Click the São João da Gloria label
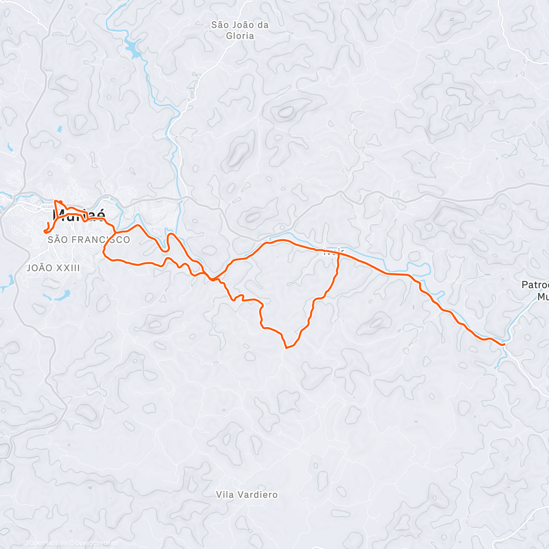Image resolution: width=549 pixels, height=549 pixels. (x=240, y=30)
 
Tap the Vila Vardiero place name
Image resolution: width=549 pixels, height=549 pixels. (x=247, y=495)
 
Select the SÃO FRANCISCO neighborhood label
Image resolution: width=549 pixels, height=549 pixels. (x=89, y=240)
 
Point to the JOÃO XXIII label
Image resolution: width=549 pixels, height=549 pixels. (x=54, y=268)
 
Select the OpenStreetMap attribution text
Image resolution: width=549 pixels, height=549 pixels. (x=95, y=544)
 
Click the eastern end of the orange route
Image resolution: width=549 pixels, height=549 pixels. (x=504, y=344)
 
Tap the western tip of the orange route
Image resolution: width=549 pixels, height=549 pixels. (x=45, y=231)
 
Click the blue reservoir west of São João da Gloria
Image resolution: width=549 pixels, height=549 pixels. (x=133, y=47)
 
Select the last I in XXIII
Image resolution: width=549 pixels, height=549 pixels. (x=79, y=268)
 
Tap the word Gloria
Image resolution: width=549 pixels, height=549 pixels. (x=240, y=36)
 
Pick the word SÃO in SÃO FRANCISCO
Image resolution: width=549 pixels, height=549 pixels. (x=57, y=240)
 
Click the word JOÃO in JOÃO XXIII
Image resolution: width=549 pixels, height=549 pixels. (x=38, y=268)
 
